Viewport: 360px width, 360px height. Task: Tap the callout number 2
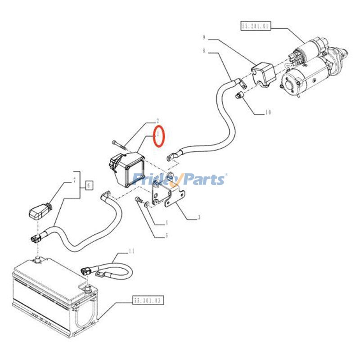pyautogui.click(x=158, y=121)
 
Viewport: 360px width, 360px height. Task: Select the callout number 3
pyautogui.click(x=198, y=217)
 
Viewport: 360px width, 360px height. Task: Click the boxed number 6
pyautogui.click(x=89, y=184)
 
